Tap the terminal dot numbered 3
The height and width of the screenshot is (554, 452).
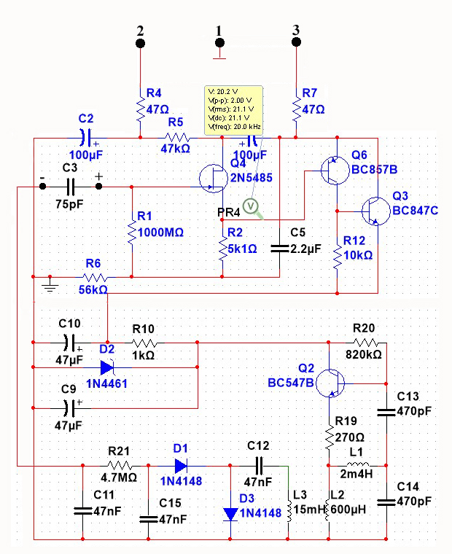295,43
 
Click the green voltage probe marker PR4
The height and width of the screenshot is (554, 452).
252,207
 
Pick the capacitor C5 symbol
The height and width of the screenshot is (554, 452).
280,248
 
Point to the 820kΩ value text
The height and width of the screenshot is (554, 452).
365,356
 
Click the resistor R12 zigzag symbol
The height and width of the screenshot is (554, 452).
337,256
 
